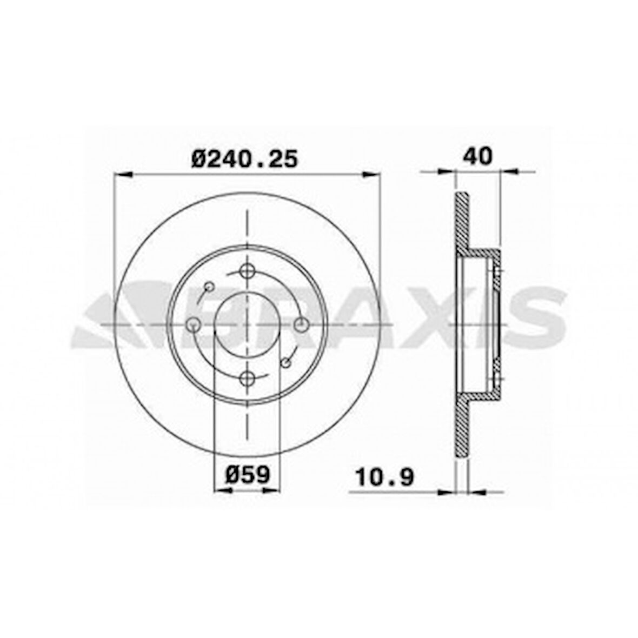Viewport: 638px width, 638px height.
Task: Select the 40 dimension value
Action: pos(477,157)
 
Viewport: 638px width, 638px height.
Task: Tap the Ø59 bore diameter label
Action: pos(247,475)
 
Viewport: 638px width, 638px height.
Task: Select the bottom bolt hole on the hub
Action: pos(247,377)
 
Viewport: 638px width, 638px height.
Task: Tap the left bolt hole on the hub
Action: pos(194,324)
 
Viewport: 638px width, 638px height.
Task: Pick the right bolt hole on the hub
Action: pos(301,324)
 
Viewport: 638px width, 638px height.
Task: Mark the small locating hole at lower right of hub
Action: pos(285,362)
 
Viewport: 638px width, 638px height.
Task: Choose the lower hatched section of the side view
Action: pos(461,427)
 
